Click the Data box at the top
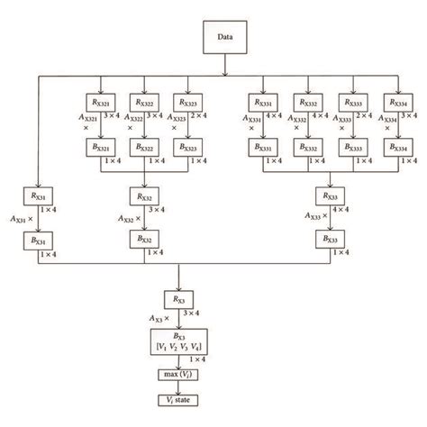(224, 39)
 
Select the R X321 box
(101, 104)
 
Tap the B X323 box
(188, 149)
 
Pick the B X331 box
(263, 149)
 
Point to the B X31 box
(37, 240)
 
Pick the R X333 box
(349, 104)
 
